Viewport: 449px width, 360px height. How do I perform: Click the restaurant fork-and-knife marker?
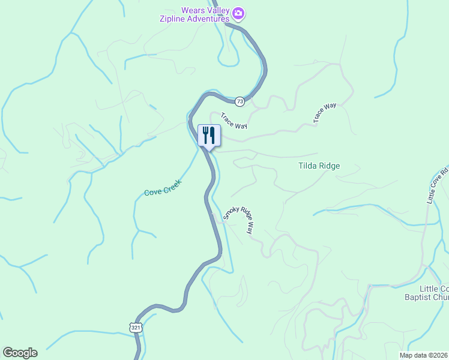(209, 134)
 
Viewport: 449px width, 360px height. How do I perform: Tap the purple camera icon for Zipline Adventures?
(238, 13)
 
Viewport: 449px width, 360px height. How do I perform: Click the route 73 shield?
(240, 101)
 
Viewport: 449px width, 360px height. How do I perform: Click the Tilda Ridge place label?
(319, 166)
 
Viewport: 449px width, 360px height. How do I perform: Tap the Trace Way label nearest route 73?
(234, 121)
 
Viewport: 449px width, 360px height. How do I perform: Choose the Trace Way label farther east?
(325, 113)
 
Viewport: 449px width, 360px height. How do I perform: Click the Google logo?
(20, 353)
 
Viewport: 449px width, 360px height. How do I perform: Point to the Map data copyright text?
(424, 355)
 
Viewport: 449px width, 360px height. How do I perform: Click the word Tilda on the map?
(309, 166)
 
